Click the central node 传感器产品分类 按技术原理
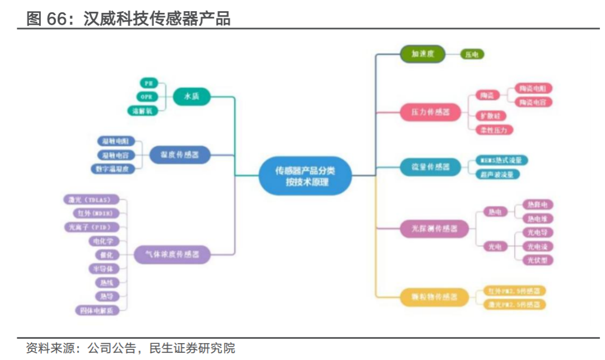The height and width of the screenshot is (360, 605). (306, 176)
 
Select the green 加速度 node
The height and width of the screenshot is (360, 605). (422, 54)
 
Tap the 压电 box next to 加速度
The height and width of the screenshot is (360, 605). (472, 55)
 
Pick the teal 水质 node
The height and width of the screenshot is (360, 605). (191, 97)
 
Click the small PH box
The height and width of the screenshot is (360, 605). (148, 83)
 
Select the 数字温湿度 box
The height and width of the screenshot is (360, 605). (113, 168)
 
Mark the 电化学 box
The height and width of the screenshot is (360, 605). (104, 241)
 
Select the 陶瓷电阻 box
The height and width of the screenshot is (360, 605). (533, 88)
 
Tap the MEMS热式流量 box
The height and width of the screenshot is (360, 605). (501, 161)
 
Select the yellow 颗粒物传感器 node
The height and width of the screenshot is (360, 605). (431, 296)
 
